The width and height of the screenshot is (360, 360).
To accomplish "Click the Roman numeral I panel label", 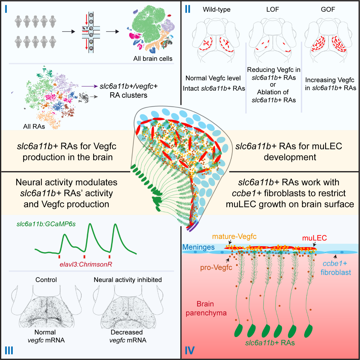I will pyautogui.click(x=6, y=9).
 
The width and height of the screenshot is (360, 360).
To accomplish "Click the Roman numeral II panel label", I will pyautogui.click(x=188, y=9).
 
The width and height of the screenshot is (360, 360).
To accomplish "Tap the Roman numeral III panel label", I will pyautogui.click(x=9, y=351).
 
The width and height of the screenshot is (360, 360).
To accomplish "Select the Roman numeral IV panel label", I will pyautogui.click(x=189, y=351).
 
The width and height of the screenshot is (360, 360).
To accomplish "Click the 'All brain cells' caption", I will pyautogui.click(x=153, y=59).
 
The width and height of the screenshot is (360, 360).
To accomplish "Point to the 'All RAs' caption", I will pyautogui.click(x=34, y=127).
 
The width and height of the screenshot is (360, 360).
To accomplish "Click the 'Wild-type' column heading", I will pyautogui.click(x=216, y=10).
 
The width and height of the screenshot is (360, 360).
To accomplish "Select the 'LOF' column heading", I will pyautogui.click(x=272, y=10).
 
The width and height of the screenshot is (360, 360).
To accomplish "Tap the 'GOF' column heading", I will pyautogui.click(x=328, y=10).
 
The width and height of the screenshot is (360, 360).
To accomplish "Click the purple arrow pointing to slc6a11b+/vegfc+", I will pyautogui.click(x=89, y=86).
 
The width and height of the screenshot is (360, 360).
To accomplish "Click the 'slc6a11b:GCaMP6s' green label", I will pyautogui.click(x=46, y=224).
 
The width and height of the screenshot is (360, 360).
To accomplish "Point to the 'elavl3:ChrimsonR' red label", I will pyautogui.click(x=86, y=265).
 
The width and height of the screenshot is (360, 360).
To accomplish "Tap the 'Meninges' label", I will pyautogui.click(x=198, y=247).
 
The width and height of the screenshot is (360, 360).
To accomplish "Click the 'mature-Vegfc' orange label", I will pyautogui.click(x=234, y=237).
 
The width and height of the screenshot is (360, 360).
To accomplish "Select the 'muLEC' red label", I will pyautogui.click(x=314, y=238).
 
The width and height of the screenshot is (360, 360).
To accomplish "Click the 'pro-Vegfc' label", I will pyautogui.click(x=216, y=268).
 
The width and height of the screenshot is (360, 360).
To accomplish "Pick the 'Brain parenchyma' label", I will pyautogui.click(x=206, y=308).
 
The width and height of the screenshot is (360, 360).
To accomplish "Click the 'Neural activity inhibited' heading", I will pyautogui.click(x=128, y=280).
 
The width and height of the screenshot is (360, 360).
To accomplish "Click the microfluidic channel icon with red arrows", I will pyautogui.click(x=91, y=32).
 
